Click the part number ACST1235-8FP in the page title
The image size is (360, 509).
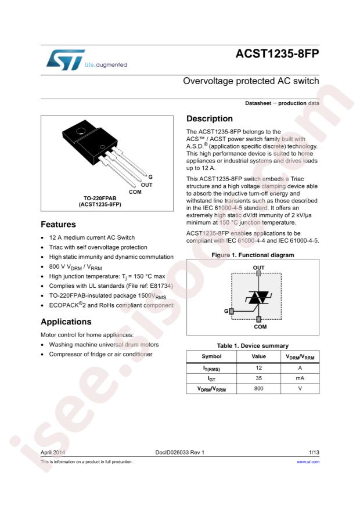click(x=278, y=54)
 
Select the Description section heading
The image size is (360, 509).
click(x=209, y=119)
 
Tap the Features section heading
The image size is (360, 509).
click(x=58, y=225)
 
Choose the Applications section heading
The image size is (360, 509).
click(x=66, y=322)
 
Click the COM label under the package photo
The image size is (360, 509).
click(x=135, y=192)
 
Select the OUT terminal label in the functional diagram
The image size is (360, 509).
click(x=258, y=268)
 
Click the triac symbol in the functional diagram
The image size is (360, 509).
click(x=258, y=297)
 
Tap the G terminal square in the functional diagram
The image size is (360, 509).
click(x=231, y=312)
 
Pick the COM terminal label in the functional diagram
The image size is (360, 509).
click(x=260, y=327)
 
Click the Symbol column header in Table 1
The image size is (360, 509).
click(x=211, y=356)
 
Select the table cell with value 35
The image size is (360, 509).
click(x=258, y=378)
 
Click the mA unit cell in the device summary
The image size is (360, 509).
click(x=300, y=378)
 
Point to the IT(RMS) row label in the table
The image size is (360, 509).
click(x=211, y=368)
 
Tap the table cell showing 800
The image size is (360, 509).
click(x=258, y=389)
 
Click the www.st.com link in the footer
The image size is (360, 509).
click(x=308, y=462)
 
